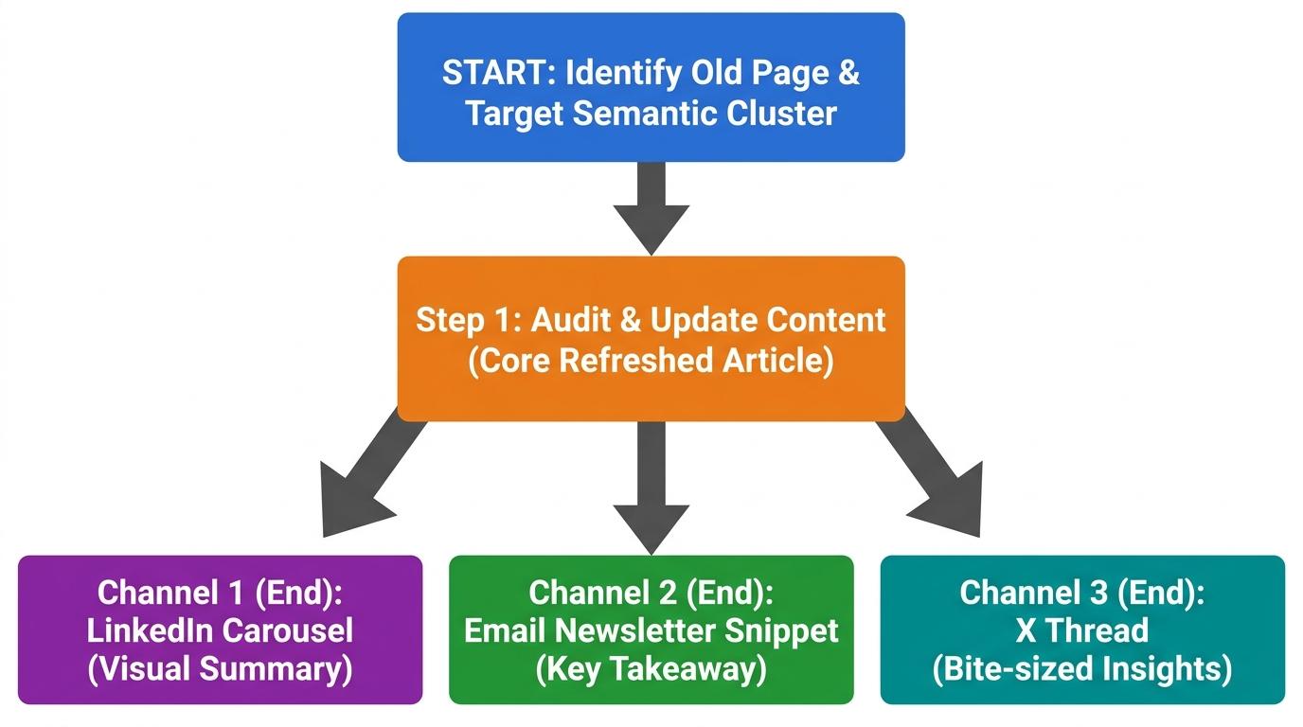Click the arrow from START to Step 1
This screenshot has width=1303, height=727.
651,208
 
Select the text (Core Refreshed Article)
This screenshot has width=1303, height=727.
651,361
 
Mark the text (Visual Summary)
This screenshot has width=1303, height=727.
220,668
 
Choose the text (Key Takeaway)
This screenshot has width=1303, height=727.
651,668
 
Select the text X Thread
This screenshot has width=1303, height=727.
1082,630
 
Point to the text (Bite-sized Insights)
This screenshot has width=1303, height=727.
1082,668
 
